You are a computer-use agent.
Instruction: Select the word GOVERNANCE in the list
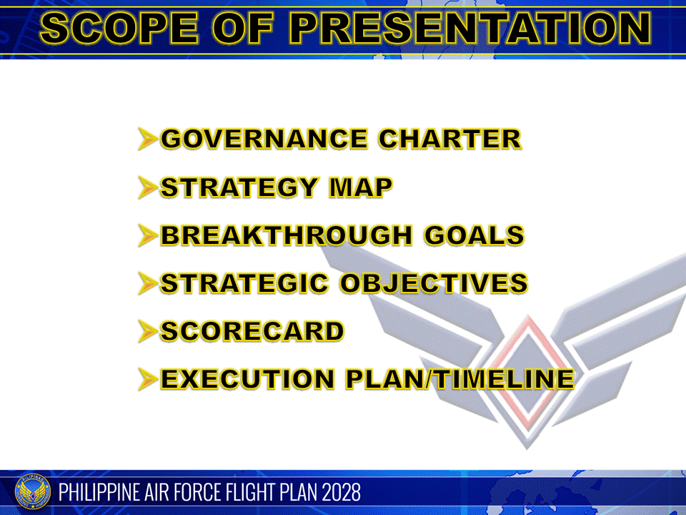tap(264, 139)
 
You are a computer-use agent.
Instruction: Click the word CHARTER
tap(449, 139)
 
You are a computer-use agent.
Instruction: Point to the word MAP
tap(360, 187)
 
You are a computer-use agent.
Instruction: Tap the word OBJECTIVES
tap(434, 283)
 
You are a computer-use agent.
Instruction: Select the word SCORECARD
tap(252, 331)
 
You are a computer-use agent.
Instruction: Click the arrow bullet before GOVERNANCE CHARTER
tap(147, 139)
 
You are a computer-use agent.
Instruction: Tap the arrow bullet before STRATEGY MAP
tap(147, 187)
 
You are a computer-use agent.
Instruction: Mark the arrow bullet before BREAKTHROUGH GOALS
tap(147, 235)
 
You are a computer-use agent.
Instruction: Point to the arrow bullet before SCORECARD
tap(147, 331)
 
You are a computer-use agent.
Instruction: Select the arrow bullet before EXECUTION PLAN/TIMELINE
tap(147, 379)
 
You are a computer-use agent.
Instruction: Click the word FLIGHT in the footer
tap(241, 493)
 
